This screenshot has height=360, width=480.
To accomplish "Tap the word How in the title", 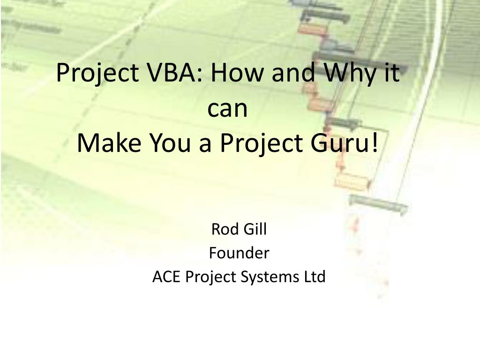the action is [238, 72].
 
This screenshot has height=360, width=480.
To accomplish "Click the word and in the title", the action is [294, 72].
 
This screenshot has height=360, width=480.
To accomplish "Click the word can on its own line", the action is [227, 109].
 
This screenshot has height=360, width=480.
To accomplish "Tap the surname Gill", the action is [255, 229].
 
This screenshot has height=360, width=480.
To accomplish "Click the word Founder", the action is [239, 253].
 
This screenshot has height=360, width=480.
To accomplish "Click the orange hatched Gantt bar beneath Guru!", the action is [352, 181].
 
